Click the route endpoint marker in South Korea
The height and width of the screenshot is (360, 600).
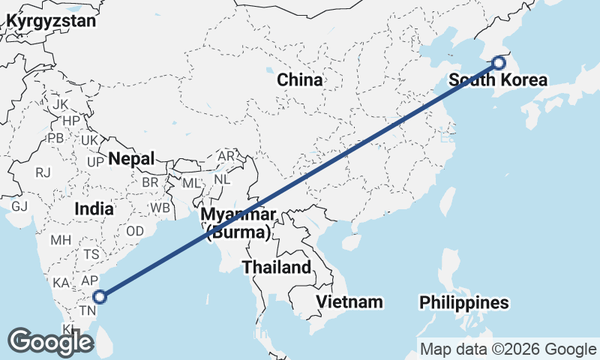[499, 64]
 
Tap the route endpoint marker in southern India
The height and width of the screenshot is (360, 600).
[100, 297]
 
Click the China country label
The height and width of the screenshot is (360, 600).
[300, 79]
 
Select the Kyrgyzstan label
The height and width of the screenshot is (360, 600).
[51, 21]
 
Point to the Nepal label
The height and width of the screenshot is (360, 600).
[131, 159]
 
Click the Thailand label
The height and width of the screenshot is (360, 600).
[276, 267]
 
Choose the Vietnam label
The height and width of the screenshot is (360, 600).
[349, 301]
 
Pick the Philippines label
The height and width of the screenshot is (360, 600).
[464, 303]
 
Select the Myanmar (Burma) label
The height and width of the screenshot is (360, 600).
[238, 223]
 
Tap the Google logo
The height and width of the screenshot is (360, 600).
[50, 342]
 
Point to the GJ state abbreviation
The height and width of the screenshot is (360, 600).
[19, 206]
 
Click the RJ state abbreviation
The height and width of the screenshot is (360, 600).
[43, 173]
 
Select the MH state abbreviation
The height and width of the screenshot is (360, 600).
[61, 241]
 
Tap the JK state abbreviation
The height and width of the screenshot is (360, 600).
[61, 104]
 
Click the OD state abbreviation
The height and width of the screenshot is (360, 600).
[135, 231]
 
